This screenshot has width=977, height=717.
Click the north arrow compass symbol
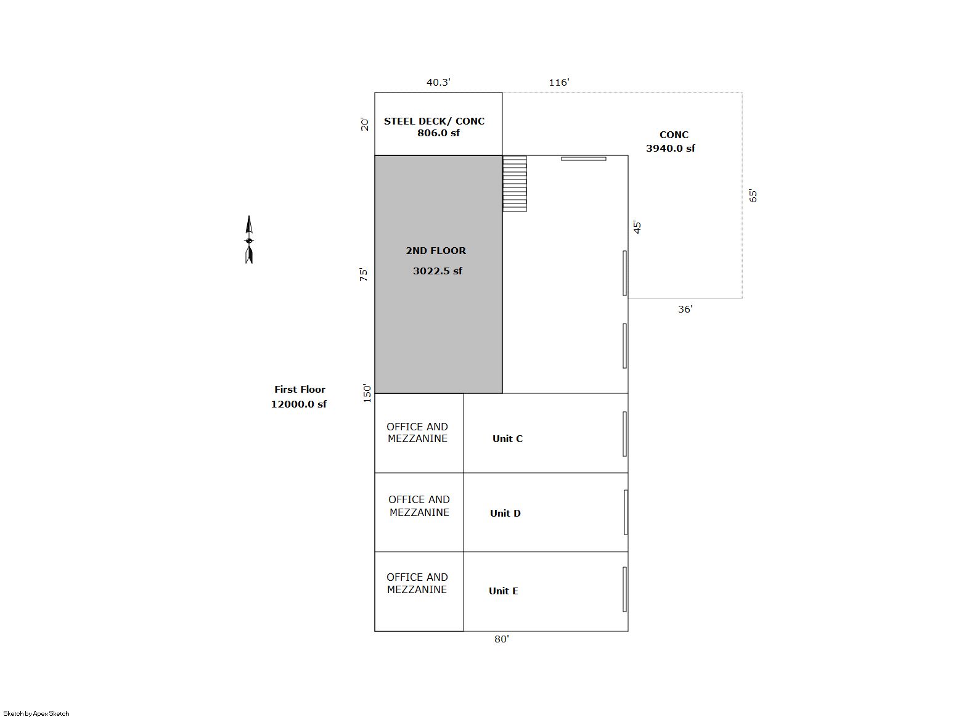click(x=249, y=239)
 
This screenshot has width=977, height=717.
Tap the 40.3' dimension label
click(x=438, y=82)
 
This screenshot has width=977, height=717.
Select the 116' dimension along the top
click(x=558, y=82)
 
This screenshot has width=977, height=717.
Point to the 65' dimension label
click(x=753, y=195)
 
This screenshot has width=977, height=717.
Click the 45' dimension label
click(x=637, y=227)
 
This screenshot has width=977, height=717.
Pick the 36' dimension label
click(x=685, y=309)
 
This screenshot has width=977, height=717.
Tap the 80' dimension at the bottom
click(x=502, y=639)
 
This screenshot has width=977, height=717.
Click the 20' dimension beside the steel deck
click(x=365, y=125)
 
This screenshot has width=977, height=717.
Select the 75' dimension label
click(x=364, y=274)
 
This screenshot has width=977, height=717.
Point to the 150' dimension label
click(x=367, y=393)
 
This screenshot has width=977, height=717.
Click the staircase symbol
click(x=515, y=184)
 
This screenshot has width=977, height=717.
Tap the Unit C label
click(x=507, y=439)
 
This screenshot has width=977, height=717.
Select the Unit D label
click(x=505, y=514)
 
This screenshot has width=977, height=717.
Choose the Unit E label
click(x=504, y=591)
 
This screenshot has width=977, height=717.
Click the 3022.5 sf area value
click(x=438, y=271)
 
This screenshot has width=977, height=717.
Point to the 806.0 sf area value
click(x=438, y=133)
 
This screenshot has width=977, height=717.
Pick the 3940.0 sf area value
click(x=671, y=149)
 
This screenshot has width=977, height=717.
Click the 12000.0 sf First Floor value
click(x=299, y=404)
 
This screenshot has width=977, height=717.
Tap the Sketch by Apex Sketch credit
click(x=36, y=713)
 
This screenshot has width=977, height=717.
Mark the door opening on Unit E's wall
click(x=624, y=589)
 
